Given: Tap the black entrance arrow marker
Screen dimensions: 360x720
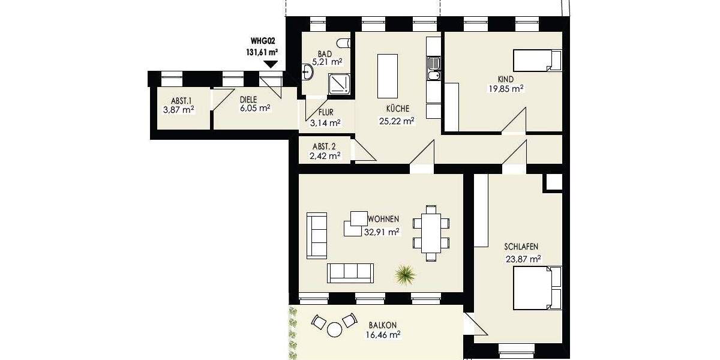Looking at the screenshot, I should click(271, 64).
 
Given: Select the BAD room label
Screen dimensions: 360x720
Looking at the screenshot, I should click(325, 53).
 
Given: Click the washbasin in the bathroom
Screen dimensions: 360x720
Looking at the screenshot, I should click(308, 73).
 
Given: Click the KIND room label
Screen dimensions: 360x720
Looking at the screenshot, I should click(506, 79).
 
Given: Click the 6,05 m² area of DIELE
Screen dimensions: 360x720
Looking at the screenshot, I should click(254, 109).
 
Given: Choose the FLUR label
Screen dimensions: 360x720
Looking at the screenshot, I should click(326, 112).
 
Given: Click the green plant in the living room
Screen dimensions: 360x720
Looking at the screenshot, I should click(406, 275).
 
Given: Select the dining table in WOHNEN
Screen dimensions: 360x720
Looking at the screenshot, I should click(431, 233).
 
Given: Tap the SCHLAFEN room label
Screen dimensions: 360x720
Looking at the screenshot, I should click(521, 247).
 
